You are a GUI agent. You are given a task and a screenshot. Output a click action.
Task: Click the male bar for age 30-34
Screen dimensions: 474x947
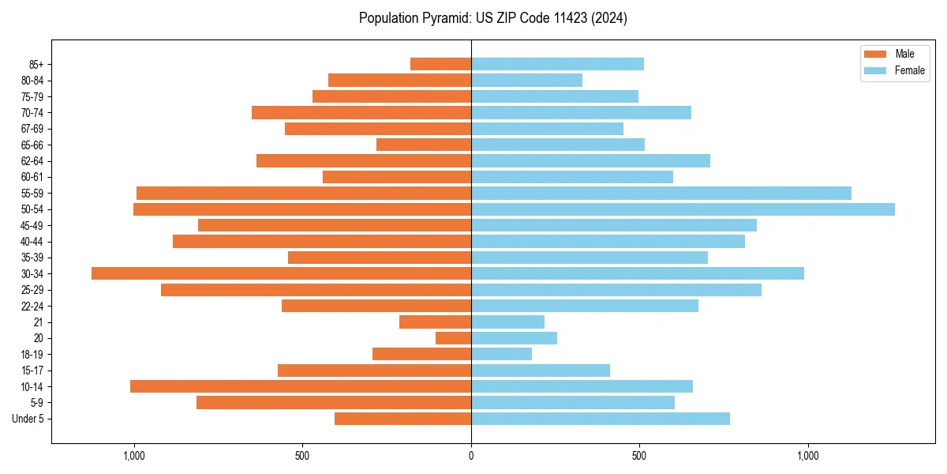pyautogui.click(x=281, y=273)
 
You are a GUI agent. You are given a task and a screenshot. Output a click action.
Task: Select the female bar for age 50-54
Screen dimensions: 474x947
pyautogui.click(x=683, y=209)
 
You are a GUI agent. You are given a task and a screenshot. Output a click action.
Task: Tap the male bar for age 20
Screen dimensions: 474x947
pyautogui.click(x=453, y=338)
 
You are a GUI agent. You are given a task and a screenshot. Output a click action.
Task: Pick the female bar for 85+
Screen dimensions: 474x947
pyautogui.click(x=557, y=64)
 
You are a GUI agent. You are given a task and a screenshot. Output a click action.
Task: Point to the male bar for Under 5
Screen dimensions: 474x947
pyautogui.click(x=402, y=419)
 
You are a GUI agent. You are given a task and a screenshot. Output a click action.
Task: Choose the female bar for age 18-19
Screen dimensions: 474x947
pyautogui.click(x=501, y=354)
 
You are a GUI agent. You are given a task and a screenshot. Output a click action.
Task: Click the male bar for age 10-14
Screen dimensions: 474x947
pyautogui.click(x=301, y=386)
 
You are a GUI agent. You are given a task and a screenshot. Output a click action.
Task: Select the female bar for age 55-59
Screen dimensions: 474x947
pyautogui.click(x=661, y=193)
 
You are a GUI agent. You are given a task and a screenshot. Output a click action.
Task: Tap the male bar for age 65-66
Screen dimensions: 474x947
pyautogui.click(x=424, y=145)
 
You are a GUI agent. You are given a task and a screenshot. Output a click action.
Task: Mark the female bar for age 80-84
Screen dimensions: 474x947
pyautogui.click(x=526, y=80)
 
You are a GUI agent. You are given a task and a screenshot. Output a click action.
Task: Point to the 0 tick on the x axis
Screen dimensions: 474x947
pyautogui.click(x=471, y=456)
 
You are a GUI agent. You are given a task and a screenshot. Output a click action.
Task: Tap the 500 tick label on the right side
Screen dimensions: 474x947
pyautogui.click(x=639, y=456)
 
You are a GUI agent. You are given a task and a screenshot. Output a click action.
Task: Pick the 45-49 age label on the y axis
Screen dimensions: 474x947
pyautogui.click(x=32, y=225)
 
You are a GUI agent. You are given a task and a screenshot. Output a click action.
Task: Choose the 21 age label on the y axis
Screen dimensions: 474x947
pyautogui.click(x=38, y=322)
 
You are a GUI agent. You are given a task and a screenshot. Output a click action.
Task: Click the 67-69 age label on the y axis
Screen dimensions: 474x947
pyautogui.click(x=32, y=129)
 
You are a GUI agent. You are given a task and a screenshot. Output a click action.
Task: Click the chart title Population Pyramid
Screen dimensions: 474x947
pyautogui.click(x=493, y=18)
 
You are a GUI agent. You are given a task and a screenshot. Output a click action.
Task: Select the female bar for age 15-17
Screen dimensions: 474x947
pyautogui.click(x=541, y=371)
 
